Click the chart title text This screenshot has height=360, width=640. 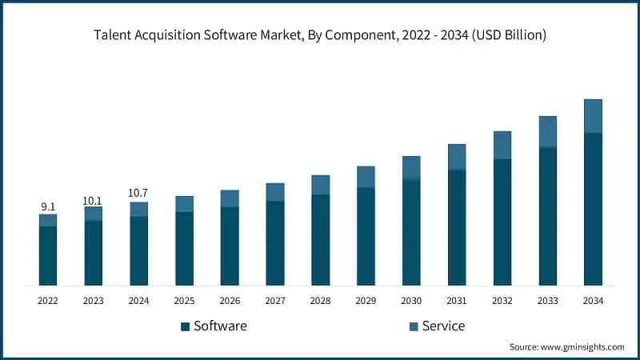[x=320, y=34]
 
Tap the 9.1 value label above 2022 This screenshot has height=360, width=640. [x=48, y=207]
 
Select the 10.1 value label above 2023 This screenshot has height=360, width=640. [x=94, y=200]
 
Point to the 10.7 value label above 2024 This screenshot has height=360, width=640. [x=138, y=194]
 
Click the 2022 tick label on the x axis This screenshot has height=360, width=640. [x=48, y=300]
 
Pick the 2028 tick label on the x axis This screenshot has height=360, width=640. [x=320, y=300]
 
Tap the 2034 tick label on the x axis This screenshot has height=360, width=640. [x=593, y=300]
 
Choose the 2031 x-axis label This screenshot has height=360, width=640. [x=457, y=300]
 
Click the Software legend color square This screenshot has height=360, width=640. [x=185, y=326]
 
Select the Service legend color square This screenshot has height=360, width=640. [x=414, y=326]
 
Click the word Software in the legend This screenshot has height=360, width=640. [x=220, y=326]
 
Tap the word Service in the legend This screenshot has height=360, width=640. [x=444, y=326]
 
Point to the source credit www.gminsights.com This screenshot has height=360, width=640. [x=566, y=347]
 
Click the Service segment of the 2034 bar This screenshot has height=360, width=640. [x=593, y=116]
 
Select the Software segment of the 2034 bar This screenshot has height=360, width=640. [x=593, y=209]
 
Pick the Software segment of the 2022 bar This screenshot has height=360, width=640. [x=48, y=256]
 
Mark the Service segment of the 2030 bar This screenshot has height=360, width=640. [x=411, y=167]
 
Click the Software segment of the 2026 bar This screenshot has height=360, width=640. [x=230, y=246]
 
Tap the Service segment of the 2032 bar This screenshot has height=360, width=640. [x=502, y=145]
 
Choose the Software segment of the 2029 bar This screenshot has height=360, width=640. [x=366, y=236]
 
